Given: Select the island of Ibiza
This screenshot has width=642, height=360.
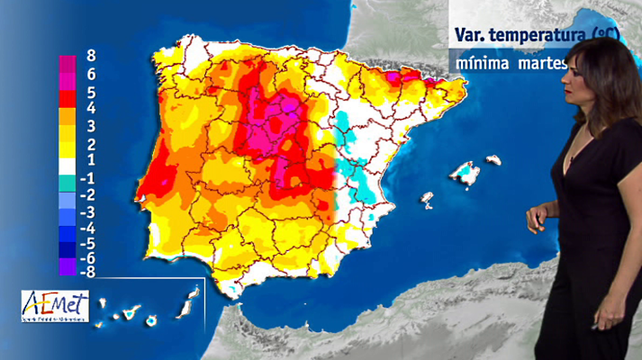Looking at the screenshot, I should click(428, 199).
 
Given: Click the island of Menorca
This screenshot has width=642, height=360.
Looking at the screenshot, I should click(493, 160).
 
